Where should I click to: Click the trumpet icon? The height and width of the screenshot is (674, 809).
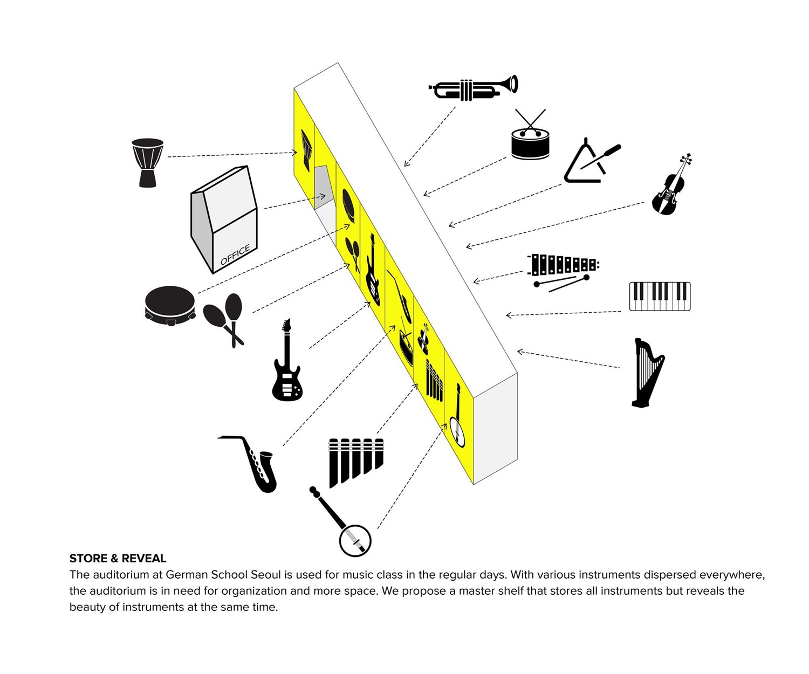pos(472,88)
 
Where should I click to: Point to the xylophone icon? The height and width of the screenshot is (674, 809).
pos(563,271)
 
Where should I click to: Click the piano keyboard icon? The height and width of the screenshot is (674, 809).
pos(660,297)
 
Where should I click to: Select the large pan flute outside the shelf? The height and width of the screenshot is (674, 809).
pos(355,463)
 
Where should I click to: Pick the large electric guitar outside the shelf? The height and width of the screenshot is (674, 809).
pos(287,360)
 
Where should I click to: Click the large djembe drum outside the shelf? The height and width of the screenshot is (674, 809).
pos(147,163)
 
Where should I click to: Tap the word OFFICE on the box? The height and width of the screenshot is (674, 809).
pos(235,255)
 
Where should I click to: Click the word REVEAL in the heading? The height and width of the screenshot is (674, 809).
pos(144,558)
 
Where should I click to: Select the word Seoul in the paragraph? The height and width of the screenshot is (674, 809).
pos(265,574)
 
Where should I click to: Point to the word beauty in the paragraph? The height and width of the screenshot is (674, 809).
pos(87,607)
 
